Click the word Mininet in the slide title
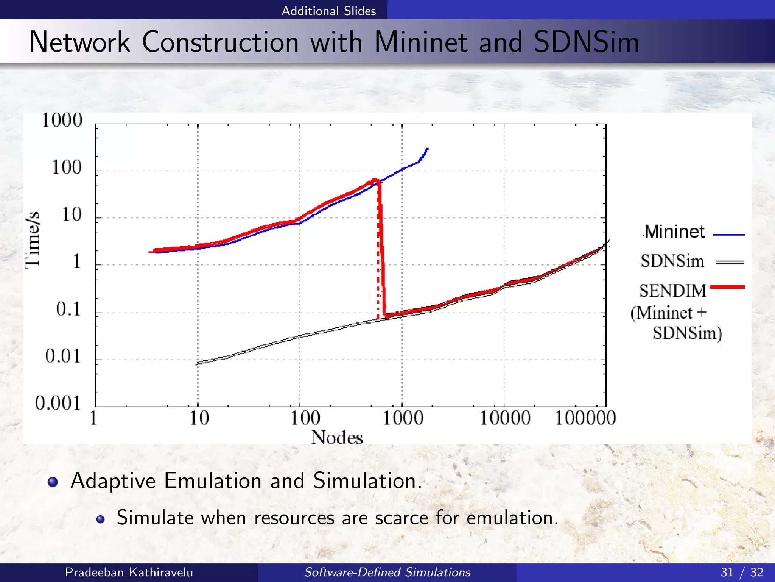[420, 42]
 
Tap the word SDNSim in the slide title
[586, 42]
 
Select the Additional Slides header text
[328, 11]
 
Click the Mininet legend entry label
[675, 232]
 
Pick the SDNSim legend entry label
[672, 261]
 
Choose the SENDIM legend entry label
[672, 291]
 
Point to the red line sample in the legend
[727, 287]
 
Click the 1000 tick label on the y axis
[62, 120]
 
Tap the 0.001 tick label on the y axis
[58, 403]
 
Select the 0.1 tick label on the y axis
[68, 309]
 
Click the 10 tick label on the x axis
[199, 418]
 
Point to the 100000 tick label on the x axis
[585, 418]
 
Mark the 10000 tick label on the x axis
[505, 418]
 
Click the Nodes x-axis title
[337, 438]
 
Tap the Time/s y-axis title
[33, 240]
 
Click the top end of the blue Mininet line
[427, 149]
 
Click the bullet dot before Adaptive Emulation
[53, 482]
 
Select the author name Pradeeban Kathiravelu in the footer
[129, 572]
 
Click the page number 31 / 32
[742, 572]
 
